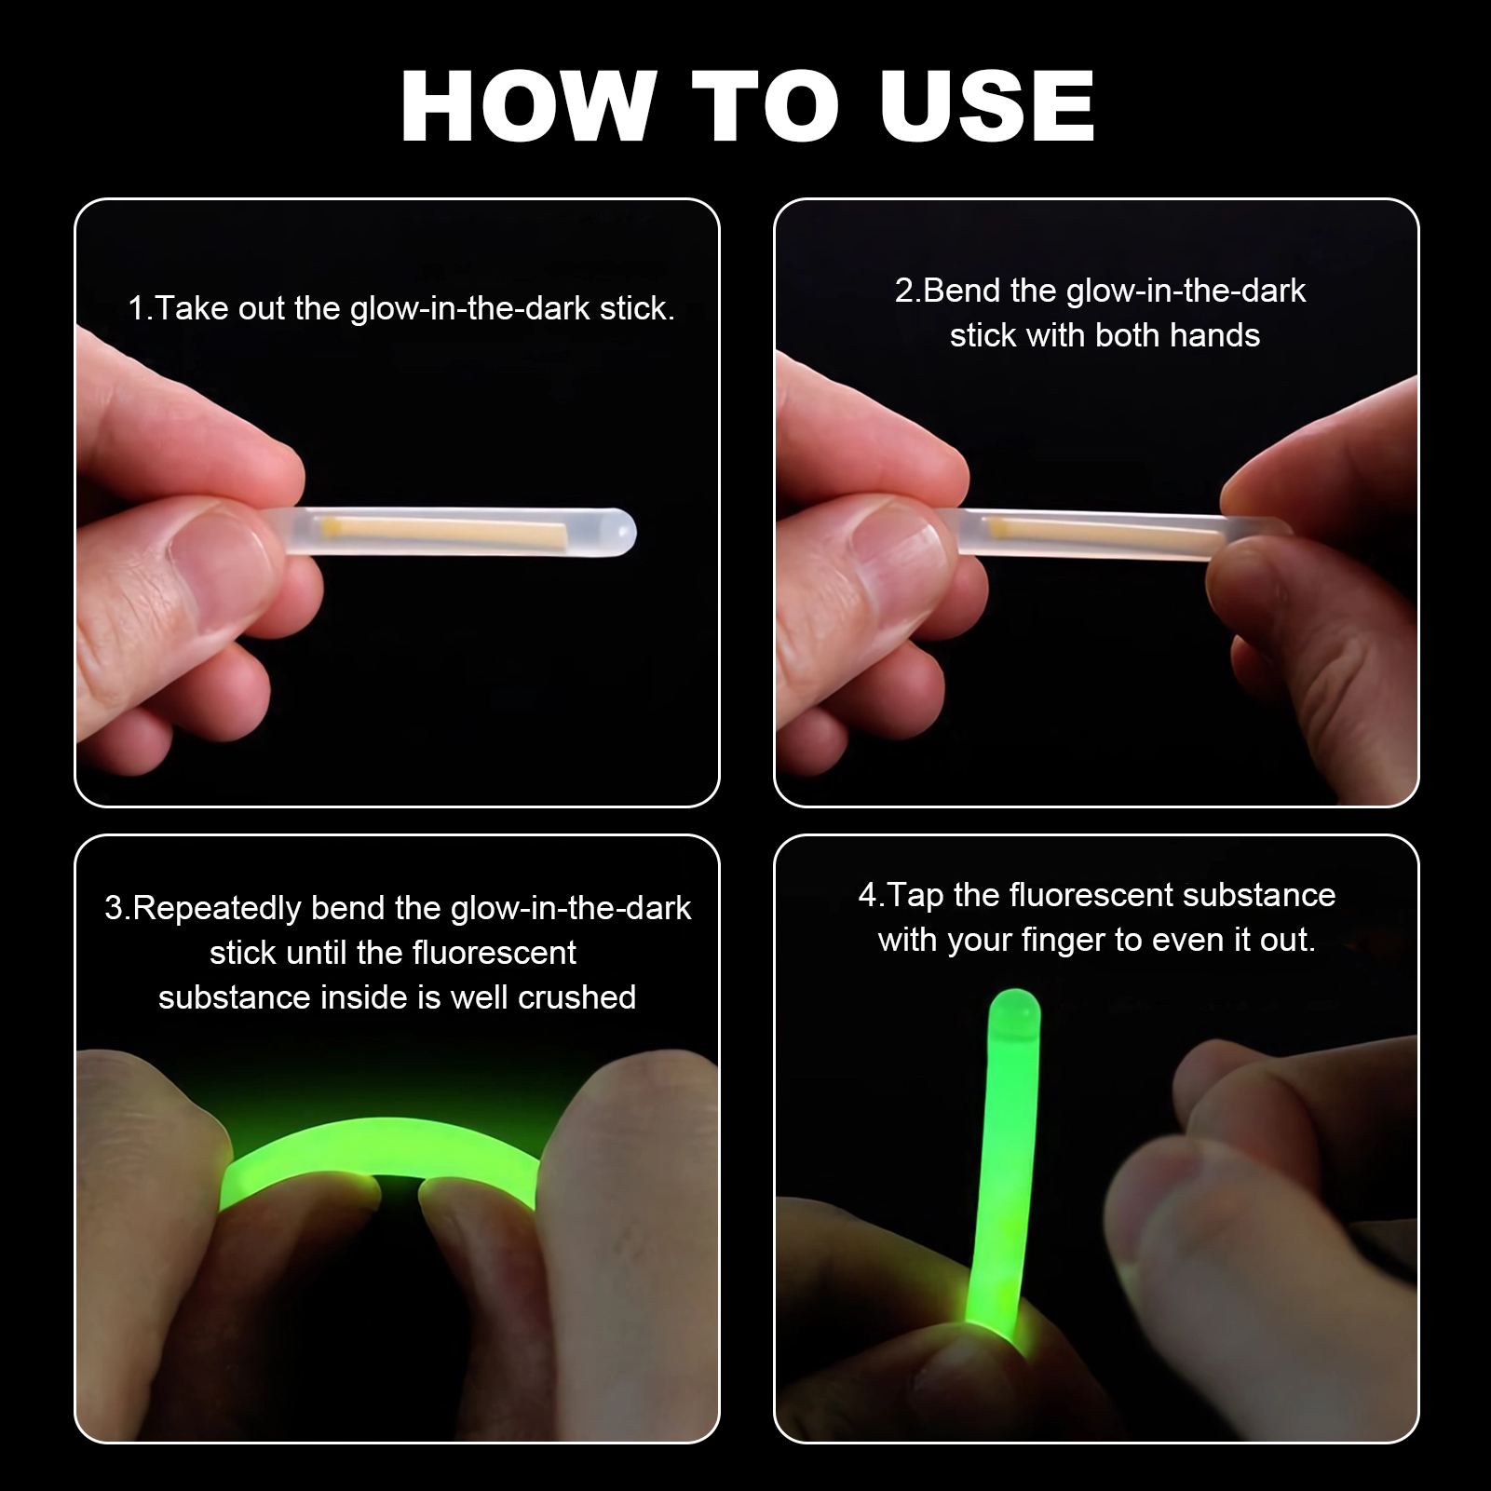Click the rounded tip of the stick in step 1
pos(622,533)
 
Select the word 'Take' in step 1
pos(192,309)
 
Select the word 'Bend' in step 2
pos(962,291)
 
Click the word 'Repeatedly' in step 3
pos(217,908)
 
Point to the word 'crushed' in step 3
pos(576,997)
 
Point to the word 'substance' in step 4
pos(1259,896)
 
